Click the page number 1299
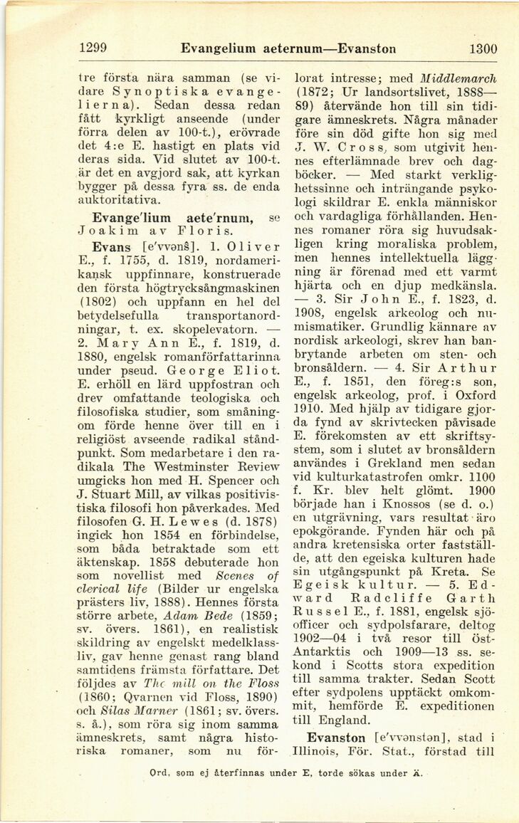click(93, 49)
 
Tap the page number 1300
click(483, 49)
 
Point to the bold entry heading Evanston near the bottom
click(334, 738)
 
